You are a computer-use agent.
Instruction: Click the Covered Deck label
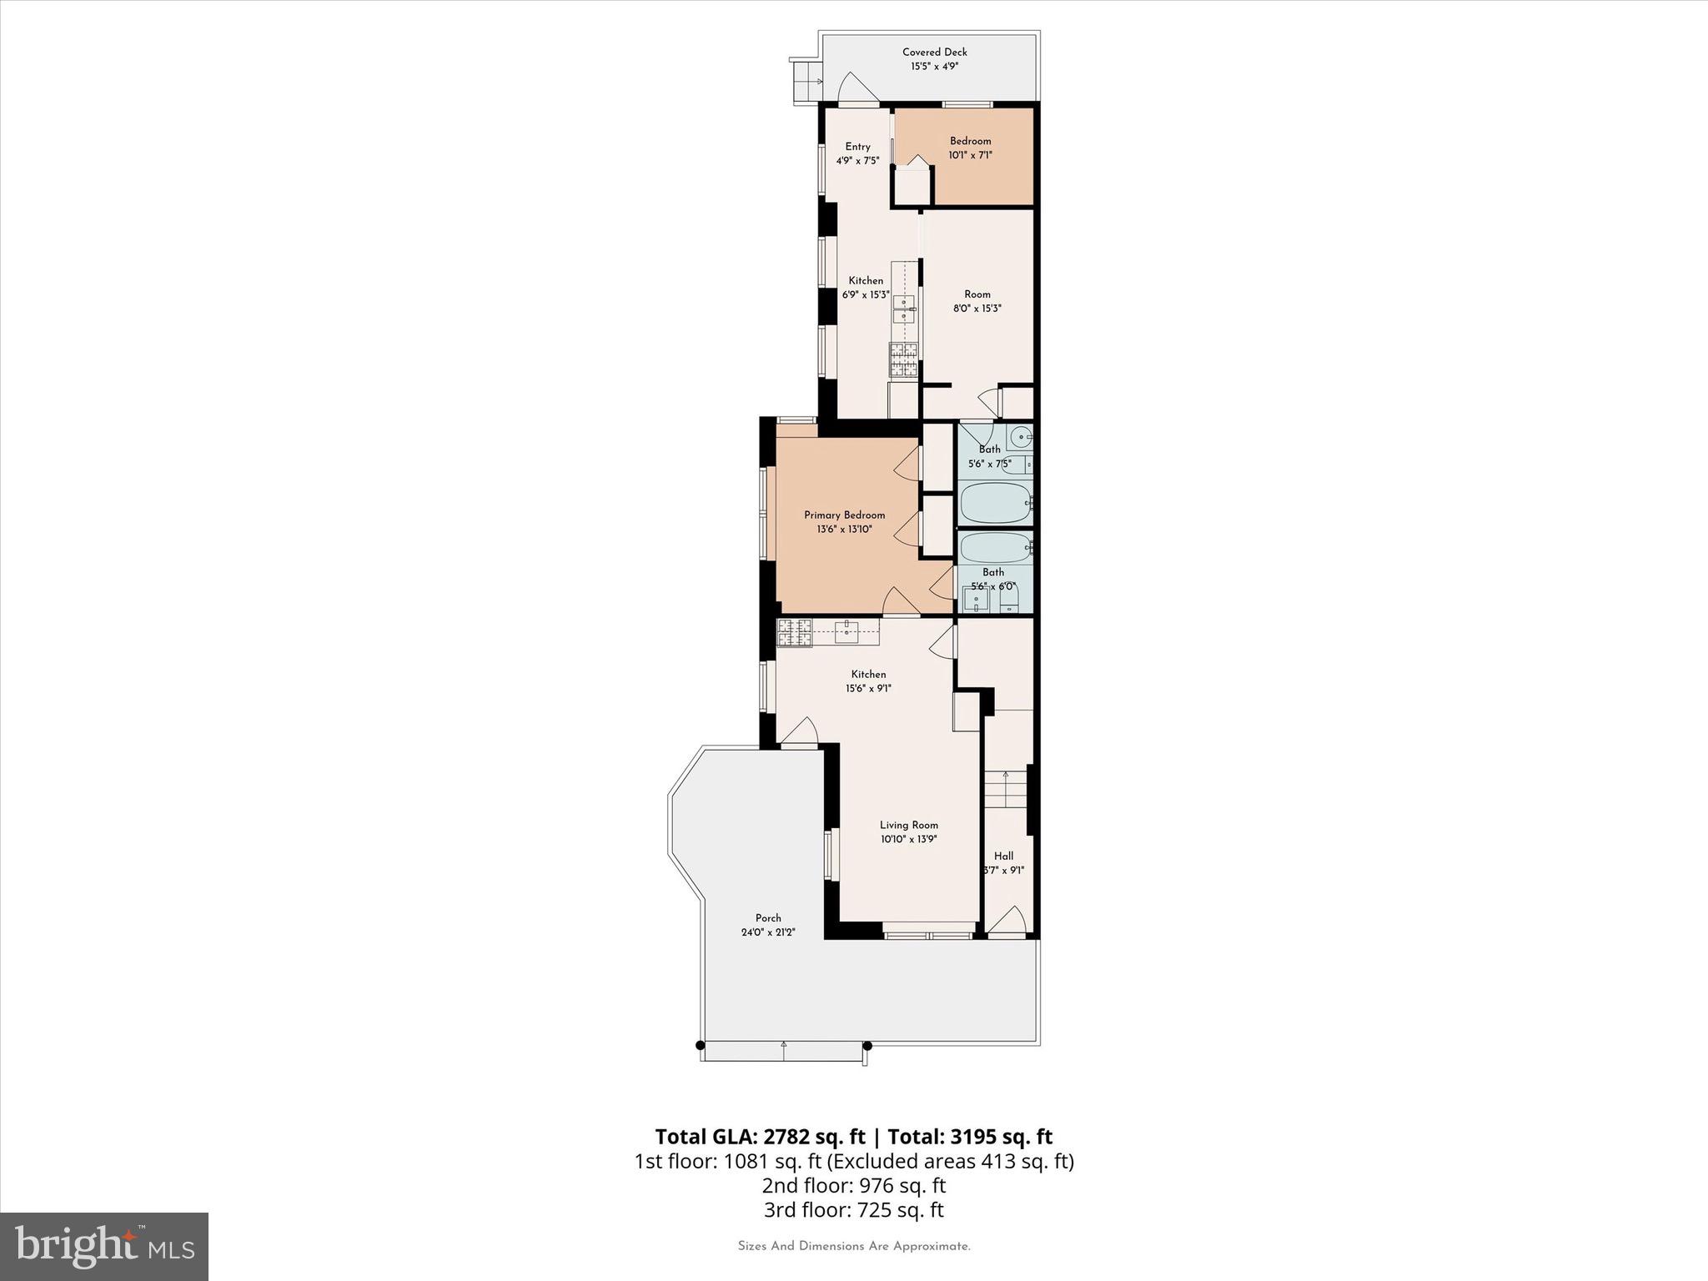point(934,53)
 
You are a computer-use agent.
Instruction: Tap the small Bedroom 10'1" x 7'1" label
point(970,148)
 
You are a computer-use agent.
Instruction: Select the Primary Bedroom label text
point(844,515)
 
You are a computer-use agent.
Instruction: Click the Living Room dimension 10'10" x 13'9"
point(908,839)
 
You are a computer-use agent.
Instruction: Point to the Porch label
point(768,918)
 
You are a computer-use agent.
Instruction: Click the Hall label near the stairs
point(1003,857)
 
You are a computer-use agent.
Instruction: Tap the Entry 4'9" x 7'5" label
point(857,153)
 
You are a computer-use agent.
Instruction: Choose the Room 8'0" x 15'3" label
point(977,301)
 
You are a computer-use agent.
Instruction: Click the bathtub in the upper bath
point(996,503)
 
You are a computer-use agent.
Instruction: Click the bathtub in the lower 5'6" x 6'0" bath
point(996,548)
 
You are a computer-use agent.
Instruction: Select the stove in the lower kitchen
point(794,633)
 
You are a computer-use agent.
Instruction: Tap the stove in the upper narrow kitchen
point(903,361)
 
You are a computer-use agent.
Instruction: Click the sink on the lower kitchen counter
point(847,631)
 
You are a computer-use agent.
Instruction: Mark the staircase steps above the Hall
point(1007,789)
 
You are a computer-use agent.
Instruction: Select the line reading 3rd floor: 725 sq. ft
point(853,1209)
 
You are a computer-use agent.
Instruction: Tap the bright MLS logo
point(104,1246)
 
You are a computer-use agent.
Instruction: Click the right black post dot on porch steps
point(867,1045)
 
